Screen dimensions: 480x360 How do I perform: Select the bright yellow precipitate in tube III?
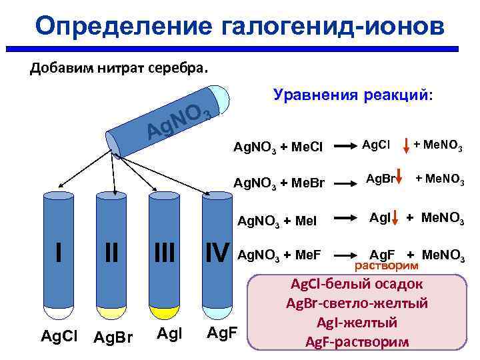click(164, 312)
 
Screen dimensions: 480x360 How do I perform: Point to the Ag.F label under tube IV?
click(219, 333)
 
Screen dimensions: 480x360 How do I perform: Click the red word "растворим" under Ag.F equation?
click(387, 266)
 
